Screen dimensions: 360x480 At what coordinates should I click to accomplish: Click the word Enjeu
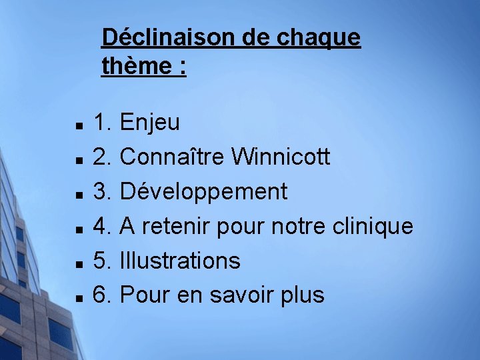point(149,123)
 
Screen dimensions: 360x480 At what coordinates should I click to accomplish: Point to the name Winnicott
point(281,157)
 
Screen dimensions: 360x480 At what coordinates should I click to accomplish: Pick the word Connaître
point(172,157)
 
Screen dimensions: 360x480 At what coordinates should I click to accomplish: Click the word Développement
point(203,192)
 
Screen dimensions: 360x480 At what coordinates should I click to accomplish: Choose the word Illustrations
point(180,261)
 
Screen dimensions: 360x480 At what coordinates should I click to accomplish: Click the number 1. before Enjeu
point(102,123)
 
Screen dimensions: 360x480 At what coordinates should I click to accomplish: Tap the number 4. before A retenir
point(102,227)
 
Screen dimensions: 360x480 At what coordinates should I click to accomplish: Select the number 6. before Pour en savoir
point(102,295)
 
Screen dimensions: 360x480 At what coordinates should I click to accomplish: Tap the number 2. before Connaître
point(102,157)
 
